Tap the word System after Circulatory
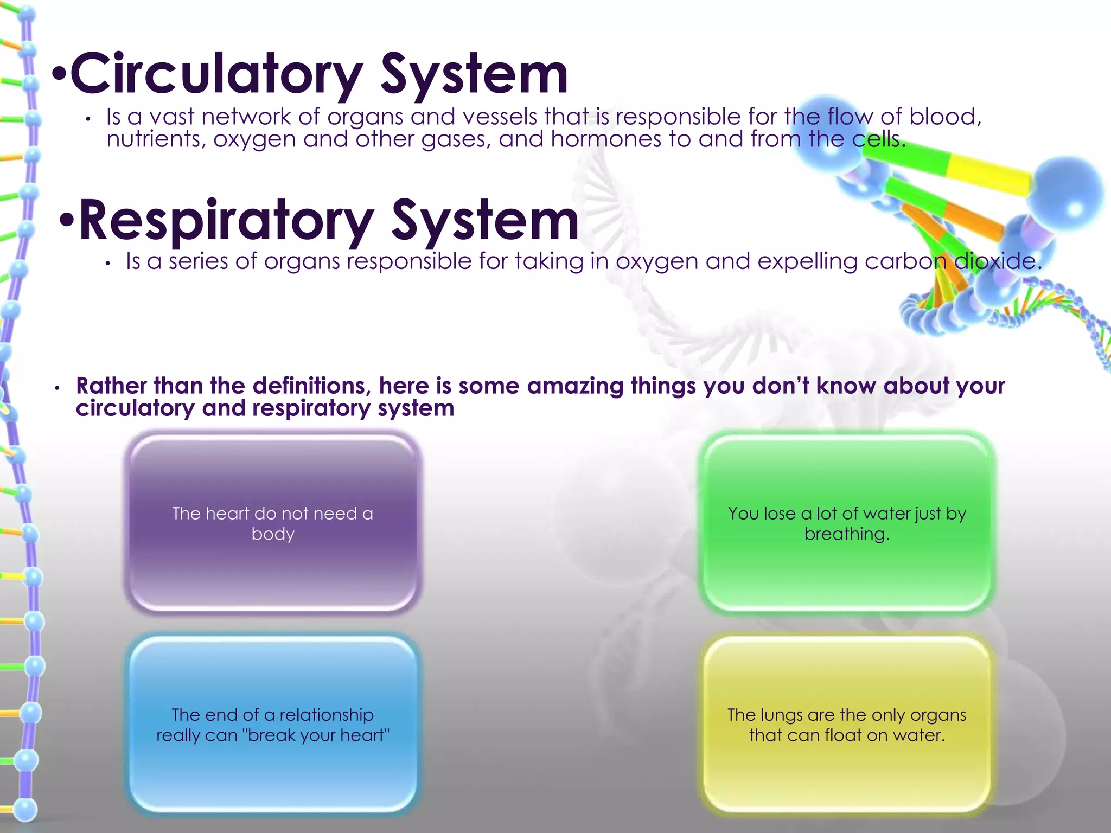[x=474, y=74]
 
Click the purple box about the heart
[x=273, y=523]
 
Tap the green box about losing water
[x=847, y=523]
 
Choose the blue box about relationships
[x=273, y=725]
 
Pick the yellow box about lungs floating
[x=847, y=725]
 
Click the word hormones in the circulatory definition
[x=606, y=139]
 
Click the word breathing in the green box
[x=846, y=534]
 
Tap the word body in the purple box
[x=273, y=534]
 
